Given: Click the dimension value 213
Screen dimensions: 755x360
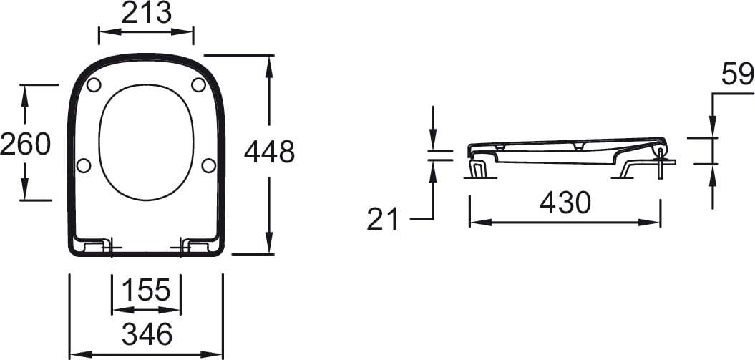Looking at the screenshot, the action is click(146, 13).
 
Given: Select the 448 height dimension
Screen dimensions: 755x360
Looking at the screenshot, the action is click(269, 152).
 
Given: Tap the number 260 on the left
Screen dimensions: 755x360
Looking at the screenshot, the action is click(25, 144).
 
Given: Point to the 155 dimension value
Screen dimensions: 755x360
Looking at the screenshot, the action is click(146, 290).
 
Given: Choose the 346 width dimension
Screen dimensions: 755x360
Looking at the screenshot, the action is click(147, 334).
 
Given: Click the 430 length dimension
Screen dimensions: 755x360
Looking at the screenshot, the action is click(565, 203).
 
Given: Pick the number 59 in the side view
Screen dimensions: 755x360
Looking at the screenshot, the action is click(737, 74).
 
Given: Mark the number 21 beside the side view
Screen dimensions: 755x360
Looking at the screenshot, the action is click(383, 219).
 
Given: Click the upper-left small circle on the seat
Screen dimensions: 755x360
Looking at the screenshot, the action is click(94, 84).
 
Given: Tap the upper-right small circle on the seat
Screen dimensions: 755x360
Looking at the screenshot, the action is click(198, 84).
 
